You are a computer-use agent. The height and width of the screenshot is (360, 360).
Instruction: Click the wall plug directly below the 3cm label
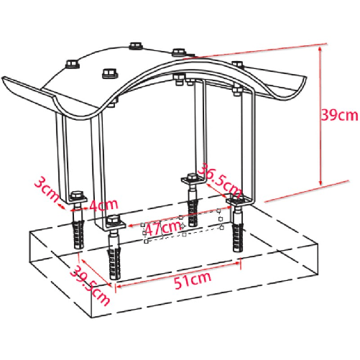click(78, 229)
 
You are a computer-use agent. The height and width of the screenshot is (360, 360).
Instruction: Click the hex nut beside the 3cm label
click(77, 195)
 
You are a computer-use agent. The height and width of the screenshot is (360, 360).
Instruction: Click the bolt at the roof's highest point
click(135, 47)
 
